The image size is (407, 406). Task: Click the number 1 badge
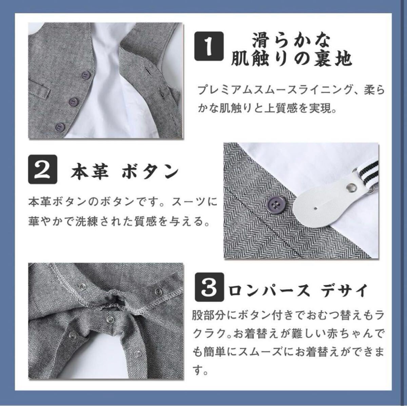pos(209,46)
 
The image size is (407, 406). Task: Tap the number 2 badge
pos(42,169)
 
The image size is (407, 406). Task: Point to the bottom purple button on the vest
pos(60,127)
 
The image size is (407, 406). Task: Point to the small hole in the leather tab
pos(316,208)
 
